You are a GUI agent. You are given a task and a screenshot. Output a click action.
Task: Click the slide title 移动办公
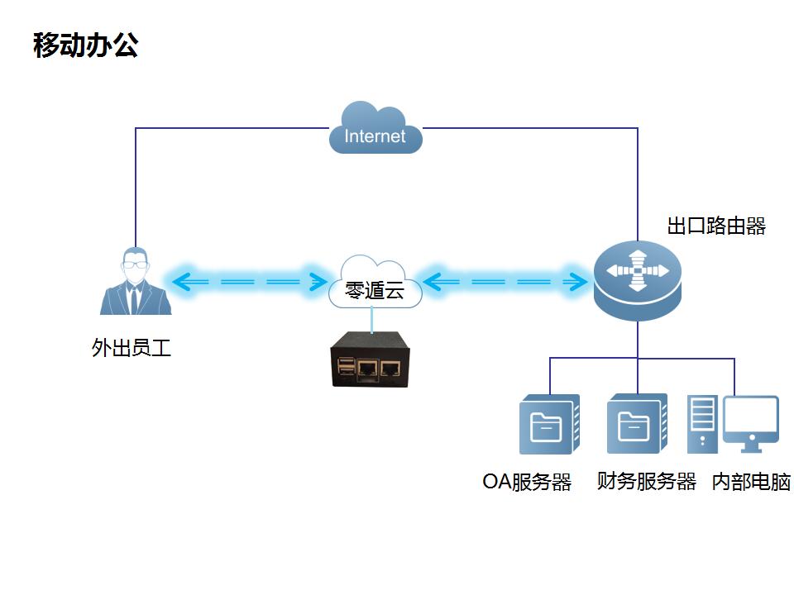click(85, 45)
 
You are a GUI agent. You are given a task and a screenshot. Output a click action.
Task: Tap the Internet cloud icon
click(375, 130)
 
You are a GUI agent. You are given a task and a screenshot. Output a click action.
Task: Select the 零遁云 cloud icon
click(375, 284)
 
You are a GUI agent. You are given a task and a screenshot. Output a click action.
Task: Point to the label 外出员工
click(132, 348)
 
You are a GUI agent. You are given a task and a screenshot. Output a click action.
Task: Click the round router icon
click(637, 280)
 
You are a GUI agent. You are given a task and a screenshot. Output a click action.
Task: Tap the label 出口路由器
click(716, 226)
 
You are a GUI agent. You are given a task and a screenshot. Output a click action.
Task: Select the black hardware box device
click(370, 359)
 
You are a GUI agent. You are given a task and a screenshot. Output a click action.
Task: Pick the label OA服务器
click(527, 483)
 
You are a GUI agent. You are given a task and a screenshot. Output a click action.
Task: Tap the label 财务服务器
click(646, 482)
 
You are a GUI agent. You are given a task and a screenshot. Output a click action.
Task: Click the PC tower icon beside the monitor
click(703, 423)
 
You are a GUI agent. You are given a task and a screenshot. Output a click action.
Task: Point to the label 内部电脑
click(751, 483)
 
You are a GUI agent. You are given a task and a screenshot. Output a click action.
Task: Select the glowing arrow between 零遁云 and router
click(505, 282)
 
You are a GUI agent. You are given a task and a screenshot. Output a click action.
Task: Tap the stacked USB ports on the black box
click(345, 367)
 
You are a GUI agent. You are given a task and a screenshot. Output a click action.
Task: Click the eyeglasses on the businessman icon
click(135, 265)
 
